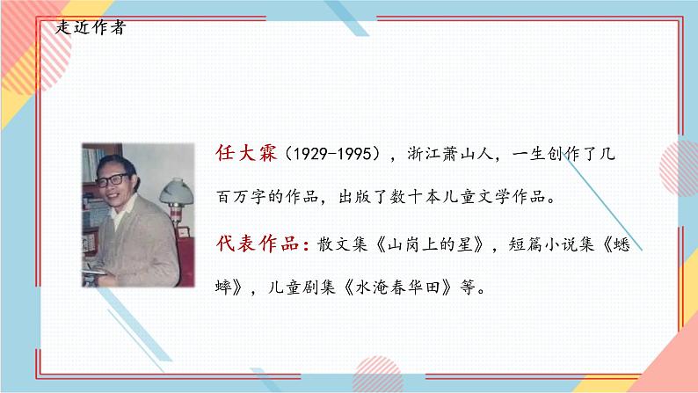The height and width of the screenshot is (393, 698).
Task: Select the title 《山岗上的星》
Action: click(x=434, y=244)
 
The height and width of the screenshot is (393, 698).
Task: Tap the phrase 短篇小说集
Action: click(x=568, y=244)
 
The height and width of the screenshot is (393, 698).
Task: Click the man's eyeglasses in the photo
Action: click(x=113, y=180)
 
